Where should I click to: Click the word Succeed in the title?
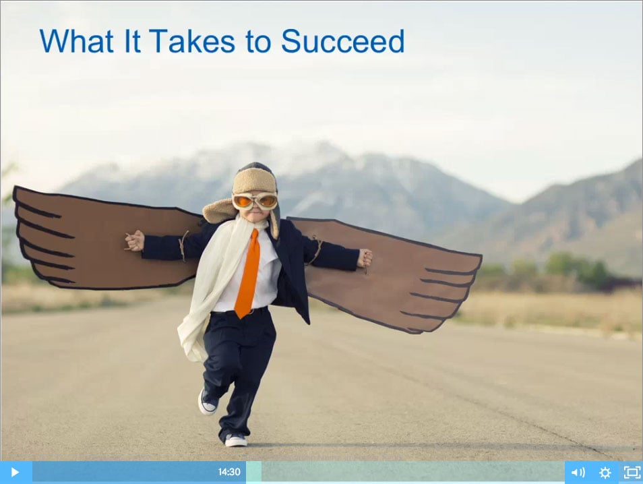coord(343,41)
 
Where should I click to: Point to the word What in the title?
coord(77,41)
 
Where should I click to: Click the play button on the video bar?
coord(15,472)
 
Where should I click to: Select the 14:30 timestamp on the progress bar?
coord(229,472)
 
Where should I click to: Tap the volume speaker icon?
coord(578,473)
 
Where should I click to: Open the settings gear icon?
coord(605,473)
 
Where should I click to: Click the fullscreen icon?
coord(632,473)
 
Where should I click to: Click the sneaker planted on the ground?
coord(236,440)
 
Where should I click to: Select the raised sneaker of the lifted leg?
coord(208,402)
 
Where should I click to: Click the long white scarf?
coord(213,287)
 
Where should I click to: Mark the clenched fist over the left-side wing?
coord(135,241)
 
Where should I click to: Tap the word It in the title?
coord(132,41)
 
